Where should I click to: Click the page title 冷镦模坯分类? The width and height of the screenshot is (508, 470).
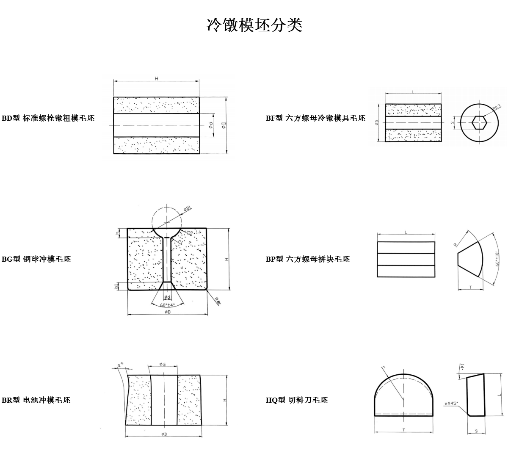(x=254, y=25)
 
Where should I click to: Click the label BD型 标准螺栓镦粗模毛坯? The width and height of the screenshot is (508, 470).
(x=48, y=118)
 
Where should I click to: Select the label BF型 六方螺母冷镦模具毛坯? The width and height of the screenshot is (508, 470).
(x=315, y=118)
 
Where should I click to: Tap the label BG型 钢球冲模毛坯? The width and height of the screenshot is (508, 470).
(x=36, y=259)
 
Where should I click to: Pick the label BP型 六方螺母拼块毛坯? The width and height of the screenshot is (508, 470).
(x=308, y=259)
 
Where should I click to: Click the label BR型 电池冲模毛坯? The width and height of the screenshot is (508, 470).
(x=36, y=400)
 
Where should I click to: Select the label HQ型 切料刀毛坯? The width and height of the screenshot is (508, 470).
(x=297, y=400)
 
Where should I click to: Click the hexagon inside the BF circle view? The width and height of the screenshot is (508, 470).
(x=479, y=122)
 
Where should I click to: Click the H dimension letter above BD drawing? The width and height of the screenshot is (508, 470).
(x=156, y=79)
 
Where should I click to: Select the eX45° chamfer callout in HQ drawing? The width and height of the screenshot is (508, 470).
(x=452, y=403)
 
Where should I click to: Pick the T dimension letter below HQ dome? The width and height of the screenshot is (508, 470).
(x=403, y=430)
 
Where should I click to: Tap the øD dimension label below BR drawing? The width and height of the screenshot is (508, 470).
(x=163, y=434)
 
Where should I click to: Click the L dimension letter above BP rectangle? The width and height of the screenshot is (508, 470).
(x=406, y=232)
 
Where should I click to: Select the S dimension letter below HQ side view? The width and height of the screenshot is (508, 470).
(x=476, y=431)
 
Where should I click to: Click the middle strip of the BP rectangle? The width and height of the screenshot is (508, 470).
(x=406, y=259)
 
